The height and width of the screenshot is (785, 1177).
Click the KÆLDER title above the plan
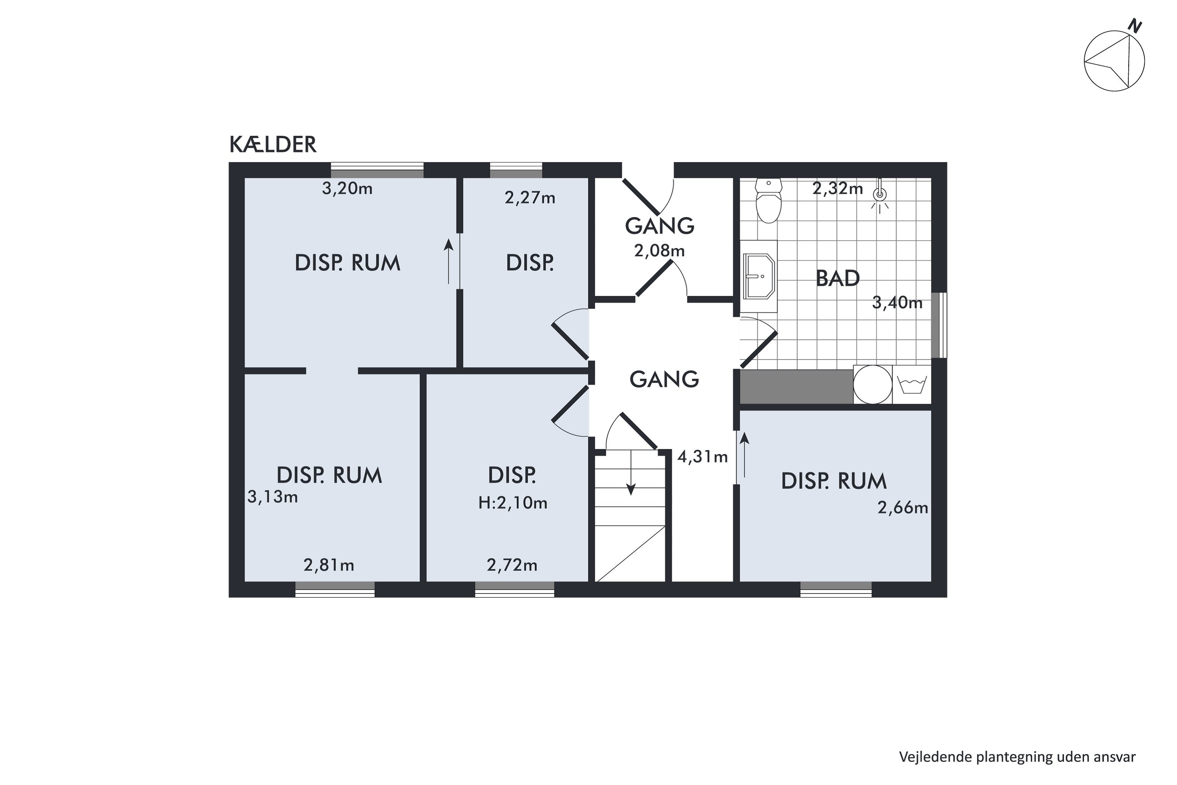(273, 145)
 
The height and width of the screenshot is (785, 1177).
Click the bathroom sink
(759, 276)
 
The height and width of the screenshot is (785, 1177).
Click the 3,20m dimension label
(347, 189)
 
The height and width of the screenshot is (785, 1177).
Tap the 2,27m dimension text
(530, 198)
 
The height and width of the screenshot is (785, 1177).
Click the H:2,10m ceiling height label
(512, 503)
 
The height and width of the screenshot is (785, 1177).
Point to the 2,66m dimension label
(903, 508)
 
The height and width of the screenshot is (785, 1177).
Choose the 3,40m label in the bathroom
(897, 303)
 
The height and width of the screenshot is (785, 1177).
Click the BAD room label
(838, 278)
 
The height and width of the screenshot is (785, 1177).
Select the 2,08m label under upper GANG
(660, 250)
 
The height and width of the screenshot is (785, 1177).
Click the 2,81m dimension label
(329, 565)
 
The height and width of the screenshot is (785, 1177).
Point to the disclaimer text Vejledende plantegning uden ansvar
(1017, 757)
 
